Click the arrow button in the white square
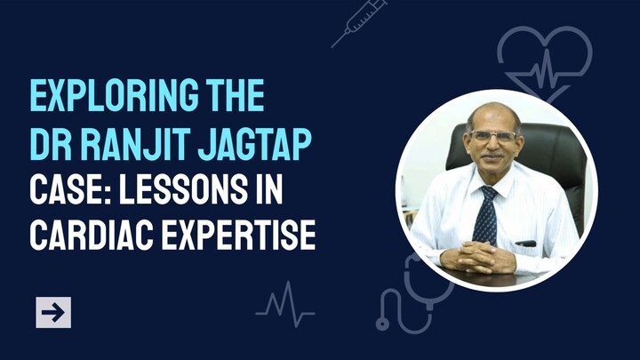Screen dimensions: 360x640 click(53, 312)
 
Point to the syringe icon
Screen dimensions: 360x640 click(359, 23)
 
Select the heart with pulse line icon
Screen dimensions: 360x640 click(542, 60)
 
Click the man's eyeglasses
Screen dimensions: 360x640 click(493, 136)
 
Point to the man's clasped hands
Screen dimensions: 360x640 click(481, 257)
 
